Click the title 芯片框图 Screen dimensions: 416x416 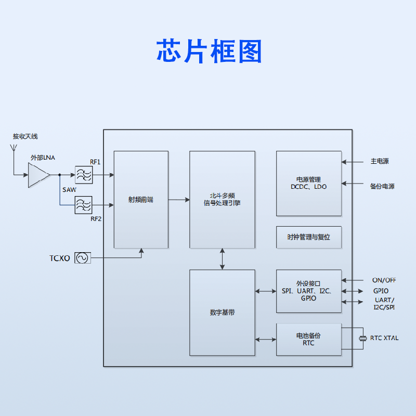click(209, 51)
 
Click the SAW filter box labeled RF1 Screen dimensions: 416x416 click(83, 175)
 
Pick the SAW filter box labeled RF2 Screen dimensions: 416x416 click(83, 204)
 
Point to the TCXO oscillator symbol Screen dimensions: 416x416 click(83, 258)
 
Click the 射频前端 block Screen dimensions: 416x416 click(141, 200)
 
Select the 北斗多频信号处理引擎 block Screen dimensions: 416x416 click(222, 200)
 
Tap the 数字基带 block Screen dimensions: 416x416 click(222, 313)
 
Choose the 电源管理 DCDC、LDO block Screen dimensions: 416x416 click(309, 183)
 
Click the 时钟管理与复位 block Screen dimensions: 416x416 click(309, 237)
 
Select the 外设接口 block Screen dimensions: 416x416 click(309, 291)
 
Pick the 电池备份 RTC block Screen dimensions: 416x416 click(309, 340)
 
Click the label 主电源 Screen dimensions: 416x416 click(380, 162)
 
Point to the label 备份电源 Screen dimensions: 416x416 click(382, 186)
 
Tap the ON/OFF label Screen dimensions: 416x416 click(384, 280)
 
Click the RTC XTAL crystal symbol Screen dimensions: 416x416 click(363, 339)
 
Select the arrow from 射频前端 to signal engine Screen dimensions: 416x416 click(179, 199)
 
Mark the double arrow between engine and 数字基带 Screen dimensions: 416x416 click(222, 259)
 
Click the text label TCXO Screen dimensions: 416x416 click(60, 258)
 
